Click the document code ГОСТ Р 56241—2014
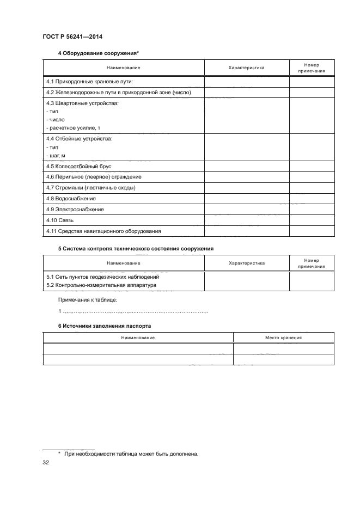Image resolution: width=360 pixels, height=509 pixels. coord(72,36)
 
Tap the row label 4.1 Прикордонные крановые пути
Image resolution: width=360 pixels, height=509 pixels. coord(89,82)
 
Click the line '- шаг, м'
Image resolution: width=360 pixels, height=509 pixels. coord(57,156)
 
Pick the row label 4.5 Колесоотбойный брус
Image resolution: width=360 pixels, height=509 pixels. coord(79,167)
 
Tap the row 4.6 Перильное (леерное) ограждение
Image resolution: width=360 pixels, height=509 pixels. coord(94,177)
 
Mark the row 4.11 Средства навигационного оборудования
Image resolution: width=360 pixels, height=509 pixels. coord(103,231)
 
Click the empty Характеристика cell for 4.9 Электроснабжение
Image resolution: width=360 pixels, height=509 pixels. coord(246,210)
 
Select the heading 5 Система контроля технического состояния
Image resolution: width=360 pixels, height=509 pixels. coord(136,248)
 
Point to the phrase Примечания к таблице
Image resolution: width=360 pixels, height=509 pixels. coord(87,300)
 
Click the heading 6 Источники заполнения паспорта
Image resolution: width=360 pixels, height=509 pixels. coord(105,326)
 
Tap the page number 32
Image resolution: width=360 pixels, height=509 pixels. coord(46,463)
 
